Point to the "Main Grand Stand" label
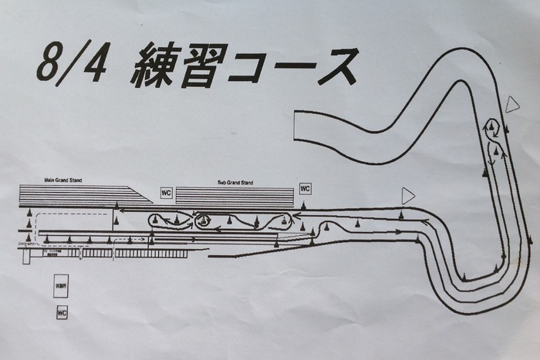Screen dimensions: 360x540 [x=63, y=180]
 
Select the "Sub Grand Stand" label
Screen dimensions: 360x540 [x=235, y=183]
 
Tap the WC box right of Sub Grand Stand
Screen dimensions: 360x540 [x=305, y=189]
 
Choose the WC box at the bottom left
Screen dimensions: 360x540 [x=62, y=313]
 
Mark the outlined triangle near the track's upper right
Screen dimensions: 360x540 [x=513, y=104]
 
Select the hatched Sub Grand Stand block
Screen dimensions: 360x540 [x=235, y=197]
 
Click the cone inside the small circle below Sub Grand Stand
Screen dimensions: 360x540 [x=204, y=221]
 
